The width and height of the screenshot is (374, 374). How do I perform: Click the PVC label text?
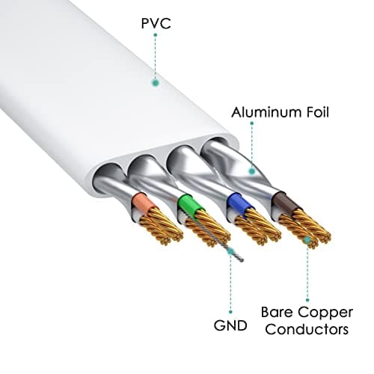[x=156, y=23]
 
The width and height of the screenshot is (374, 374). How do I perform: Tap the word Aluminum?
[x=264, y=112]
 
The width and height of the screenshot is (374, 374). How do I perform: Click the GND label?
[x=230, y=325]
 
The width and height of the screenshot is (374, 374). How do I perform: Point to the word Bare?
[x=277, y=312]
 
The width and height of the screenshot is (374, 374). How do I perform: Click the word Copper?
[x=326, y=313]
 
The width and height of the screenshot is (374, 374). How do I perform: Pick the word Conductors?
[x=307, y=329]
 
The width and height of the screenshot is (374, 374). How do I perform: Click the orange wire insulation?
[x=143, y=203]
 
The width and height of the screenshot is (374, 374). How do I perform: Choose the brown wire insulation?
[x=285, y=203]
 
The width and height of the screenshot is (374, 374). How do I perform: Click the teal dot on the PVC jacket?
[x=156, y=83]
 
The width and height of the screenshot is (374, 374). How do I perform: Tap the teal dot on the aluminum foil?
[x=252, y=171]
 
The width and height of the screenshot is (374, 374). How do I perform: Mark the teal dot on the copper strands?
[x=307, y=240]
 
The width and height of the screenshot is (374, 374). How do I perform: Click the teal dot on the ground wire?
[x=230, y=251]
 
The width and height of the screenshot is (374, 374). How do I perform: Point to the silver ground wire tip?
[x=242, y=260]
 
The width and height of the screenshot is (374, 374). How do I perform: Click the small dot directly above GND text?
[x=230, y=312]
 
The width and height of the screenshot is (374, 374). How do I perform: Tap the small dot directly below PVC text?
[x=156, y=35]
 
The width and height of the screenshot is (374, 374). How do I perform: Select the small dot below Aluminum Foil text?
[x=252, y=123]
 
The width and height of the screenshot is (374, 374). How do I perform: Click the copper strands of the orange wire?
[x=159, y=227]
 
